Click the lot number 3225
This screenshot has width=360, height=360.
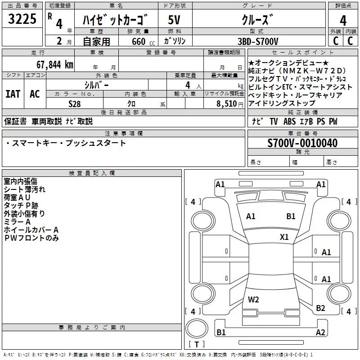pyautogui.click(x=22, y=20)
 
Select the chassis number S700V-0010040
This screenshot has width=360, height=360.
pyautogui.click(x=302, y=143)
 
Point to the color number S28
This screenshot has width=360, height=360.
pyautogui.click(x=75, y=104)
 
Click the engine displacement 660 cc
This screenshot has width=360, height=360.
pyautogui.click(x=136, y=42)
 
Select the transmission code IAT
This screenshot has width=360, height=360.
pyautogui.click(x=12, y=94)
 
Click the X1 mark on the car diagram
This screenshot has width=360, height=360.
pyautogui.click(x=284, y=237)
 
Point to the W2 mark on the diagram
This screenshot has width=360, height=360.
pyautogui.click(x=253, y=300)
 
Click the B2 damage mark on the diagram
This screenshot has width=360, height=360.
pyautogui.click(x=320, y=308)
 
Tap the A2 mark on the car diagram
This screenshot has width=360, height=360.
pyautogui.click(x=320, y=333)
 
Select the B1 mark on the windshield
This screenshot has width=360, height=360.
pyautogui.click(x=291, y=216)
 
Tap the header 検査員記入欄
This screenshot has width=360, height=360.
pyautogui.click(x=92, y=173)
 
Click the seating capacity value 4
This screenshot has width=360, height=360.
pyautogui.click(x=186, y=85)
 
